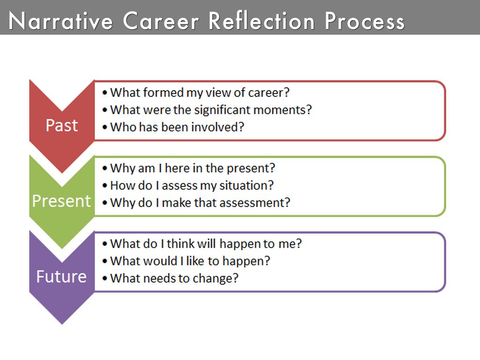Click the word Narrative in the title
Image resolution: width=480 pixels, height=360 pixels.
pyautogui.click(x=61, y=21)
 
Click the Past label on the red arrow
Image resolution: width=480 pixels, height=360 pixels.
pyautogui.click(x=61, y=126)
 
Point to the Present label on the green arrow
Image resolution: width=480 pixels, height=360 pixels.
pyautogui.click(x=61, y=201)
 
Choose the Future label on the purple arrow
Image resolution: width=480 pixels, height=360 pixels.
pyautogui.click(x=61, y=276)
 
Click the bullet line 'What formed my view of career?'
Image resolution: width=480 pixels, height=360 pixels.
pyautogui.click(x=197, y=93)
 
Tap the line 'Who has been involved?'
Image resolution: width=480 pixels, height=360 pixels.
pyautogui.click(x=177, y=127)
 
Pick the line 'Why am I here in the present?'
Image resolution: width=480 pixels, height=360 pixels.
pyautogui.click(x=193, y=168)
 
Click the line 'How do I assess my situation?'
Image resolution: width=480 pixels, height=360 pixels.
pyautogui.click(x=191, y=185)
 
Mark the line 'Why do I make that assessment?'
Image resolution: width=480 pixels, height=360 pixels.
pyautogui.click(x=200, y=202)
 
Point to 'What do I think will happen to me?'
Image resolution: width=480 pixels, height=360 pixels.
pyautogui.click(x=206, y=244)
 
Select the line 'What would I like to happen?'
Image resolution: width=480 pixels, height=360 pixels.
pyautogui.click(x=190, y=261)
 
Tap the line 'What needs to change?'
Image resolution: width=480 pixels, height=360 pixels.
pyautogui.click(x=174, y=278)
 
